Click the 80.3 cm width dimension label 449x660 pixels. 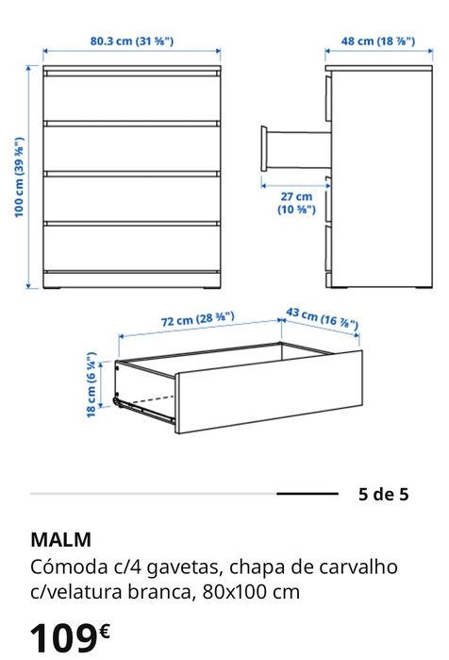click(132, 41)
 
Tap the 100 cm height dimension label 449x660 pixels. click(18, 178)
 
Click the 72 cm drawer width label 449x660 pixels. click(197, 320)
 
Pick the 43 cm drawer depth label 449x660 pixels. click(323, 317)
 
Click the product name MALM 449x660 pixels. click(61, 540)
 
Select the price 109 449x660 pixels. click(63, 637)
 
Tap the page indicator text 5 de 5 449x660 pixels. click(384, 494)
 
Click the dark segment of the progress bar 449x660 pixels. click(307, 494)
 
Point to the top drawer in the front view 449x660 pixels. click(132, 97)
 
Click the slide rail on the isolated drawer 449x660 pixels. click(146, 407)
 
